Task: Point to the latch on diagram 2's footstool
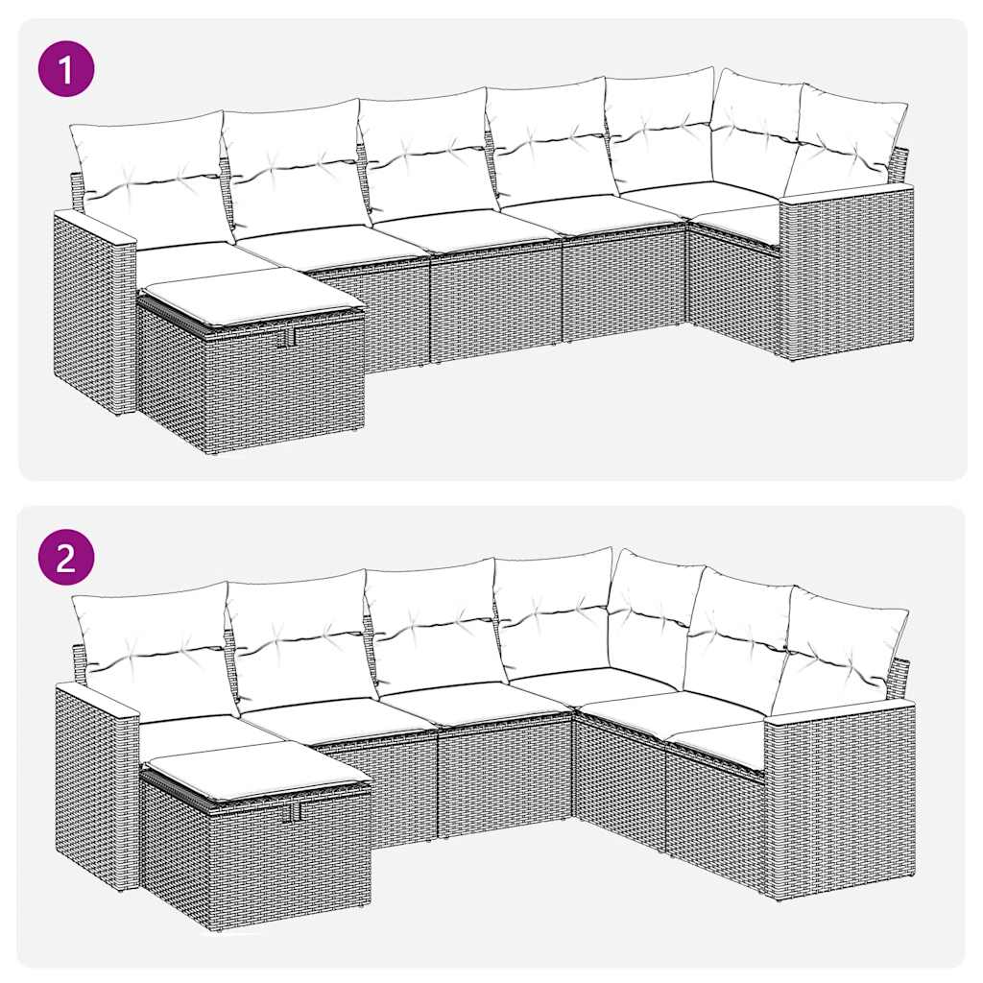(292, 811)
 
